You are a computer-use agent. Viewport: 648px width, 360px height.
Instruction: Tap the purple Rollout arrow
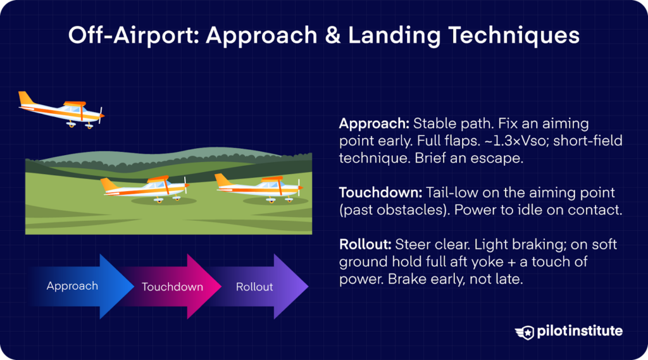259,287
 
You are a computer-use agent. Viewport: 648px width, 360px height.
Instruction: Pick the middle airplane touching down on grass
145,187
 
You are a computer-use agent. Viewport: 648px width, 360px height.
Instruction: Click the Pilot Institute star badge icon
525,332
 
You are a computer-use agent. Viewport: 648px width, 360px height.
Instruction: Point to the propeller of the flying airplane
101,115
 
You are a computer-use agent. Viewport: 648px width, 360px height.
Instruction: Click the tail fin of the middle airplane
109,185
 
